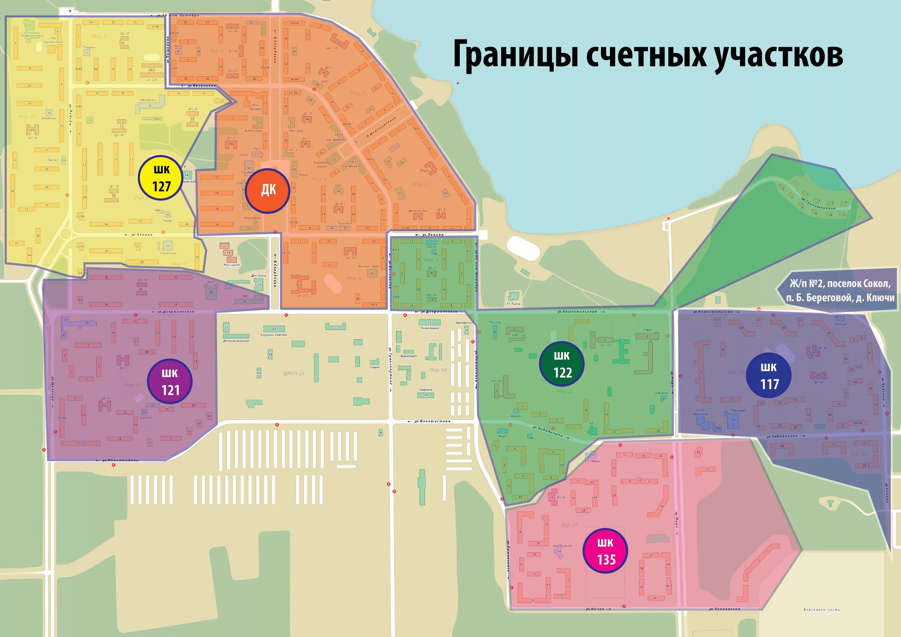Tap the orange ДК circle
coord(268,191)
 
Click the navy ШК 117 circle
coord(768,376)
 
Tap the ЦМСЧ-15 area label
coord(293,373)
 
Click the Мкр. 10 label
coord(438,370)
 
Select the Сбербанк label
coord(425,390)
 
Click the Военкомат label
coord(408,356)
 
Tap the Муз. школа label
coord(232,265)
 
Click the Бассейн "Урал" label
coord(369,266)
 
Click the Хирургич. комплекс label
coord(274,335)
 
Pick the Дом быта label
coord(259,275)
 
